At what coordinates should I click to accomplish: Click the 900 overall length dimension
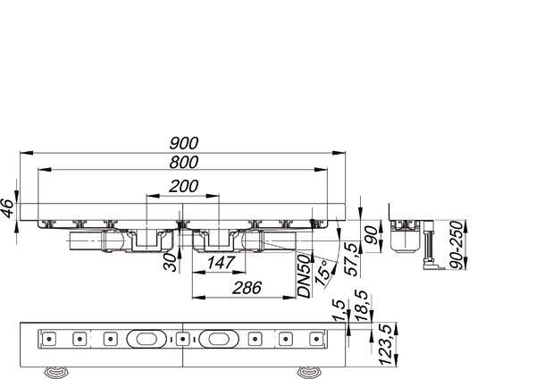pos(183,143)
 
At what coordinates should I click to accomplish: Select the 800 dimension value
pos(183,162)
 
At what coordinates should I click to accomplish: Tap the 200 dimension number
pos(183,187)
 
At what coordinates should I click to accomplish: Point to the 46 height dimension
pos(8,208)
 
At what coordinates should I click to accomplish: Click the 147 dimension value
pos(222,263)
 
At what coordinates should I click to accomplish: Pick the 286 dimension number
pos(247,288)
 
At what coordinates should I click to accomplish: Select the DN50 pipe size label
pos(305,277)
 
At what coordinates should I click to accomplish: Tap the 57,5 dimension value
pos(353,259)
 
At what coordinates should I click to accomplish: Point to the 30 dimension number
pos(171,263)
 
